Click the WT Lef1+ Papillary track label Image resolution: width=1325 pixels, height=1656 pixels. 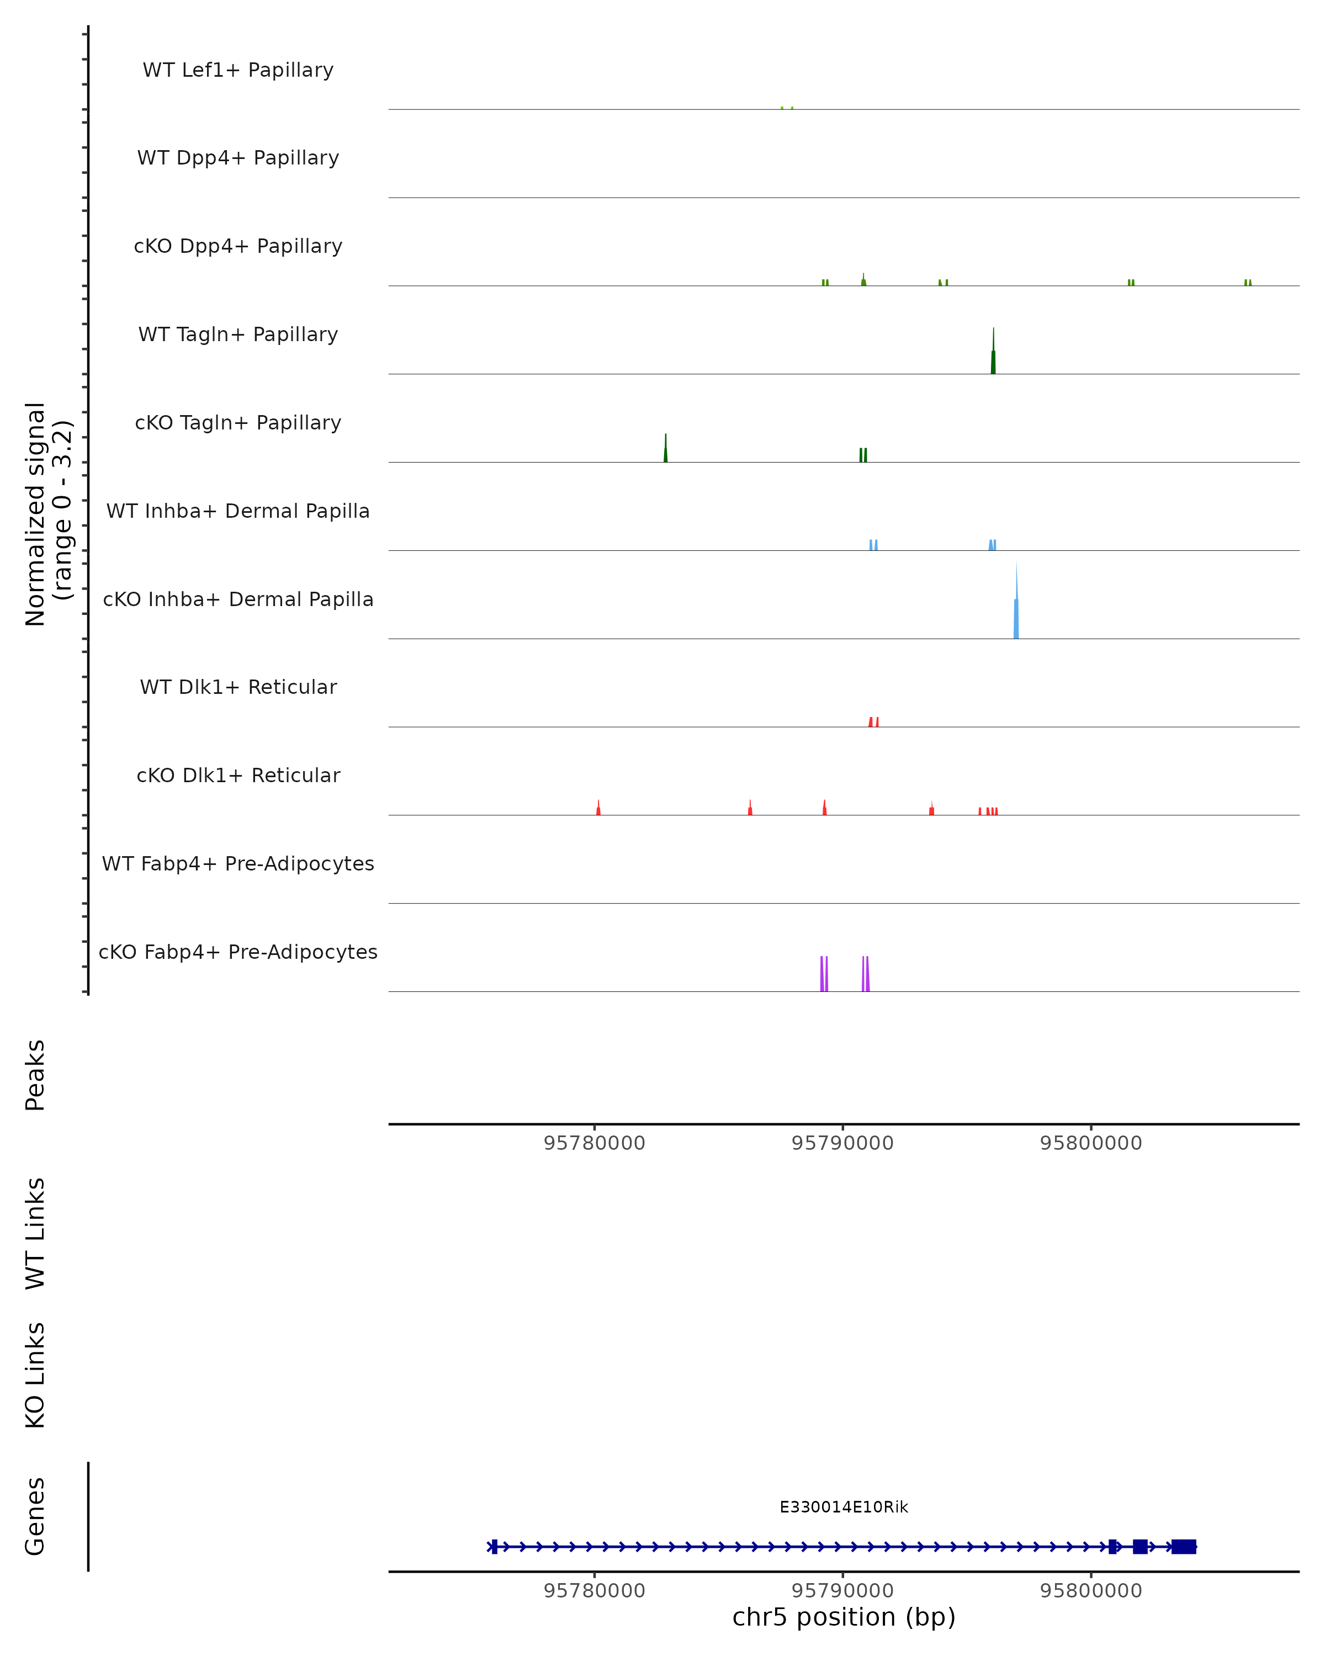click(x=238, y=70)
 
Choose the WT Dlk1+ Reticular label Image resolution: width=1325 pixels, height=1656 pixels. click(x=238, y=687)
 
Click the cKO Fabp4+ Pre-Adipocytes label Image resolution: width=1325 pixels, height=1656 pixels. click(x=238, y=952)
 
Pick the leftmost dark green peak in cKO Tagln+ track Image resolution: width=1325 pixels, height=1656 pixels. click(x=666, y=451)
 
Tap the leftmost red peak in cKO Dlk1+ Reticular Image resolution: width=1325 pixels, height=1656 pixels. click(x=598, y=809)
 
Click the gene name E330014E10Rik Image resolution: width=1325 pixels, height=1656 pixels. click(x=844, y=1507)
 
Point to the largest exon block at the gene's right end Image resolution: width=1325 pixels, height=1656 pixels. click(x=1184, y=1547)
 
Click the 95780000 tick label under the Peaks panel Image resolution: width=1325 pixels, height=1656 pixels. click(x=595, y=1143)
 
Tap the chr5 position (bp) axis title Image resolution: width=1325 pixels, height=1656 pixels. click(x=844, y=1617)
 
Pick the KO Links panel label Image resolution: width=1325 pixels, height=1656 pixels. click(x=35, y=1376)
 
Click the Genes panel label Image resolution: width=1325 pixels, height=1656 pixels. click(x=35, y=1516)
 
